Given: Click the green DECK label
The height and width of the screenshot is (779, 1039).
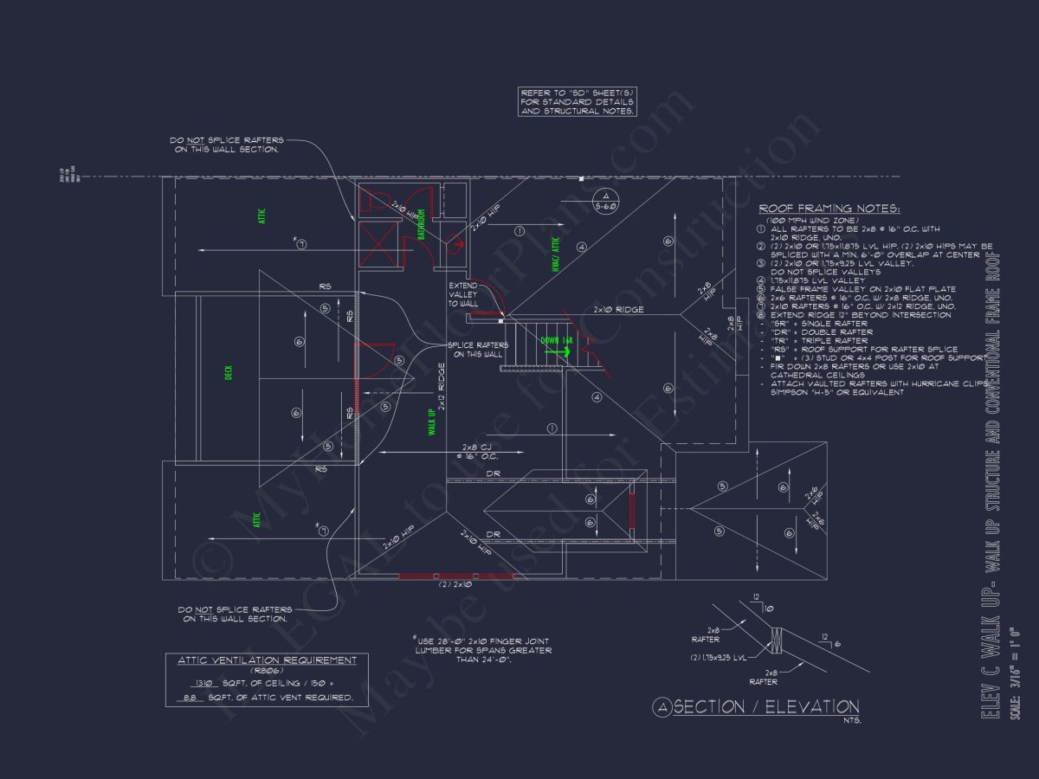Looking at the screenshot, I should pos(229,372).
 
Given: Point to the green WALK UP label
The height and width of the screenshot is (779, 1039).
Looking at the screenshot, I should pos(431,422).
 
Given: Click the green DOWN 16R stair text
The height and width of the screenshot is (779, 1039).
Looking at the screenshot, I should pos(556,340).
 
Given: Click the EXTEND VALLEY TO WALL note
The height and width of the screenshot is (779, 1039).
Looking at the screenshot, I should pos(463,294).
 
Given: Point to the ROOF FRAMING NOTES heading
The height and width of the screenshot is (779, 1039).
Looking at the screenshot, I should pos(829,209).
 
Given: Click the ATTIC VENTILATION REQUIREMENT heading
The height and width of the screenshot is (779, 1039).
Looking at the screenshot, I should pos(267,660).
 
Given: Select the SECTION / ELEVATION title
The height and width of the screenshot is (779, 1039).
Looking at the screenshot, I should pos(765,707).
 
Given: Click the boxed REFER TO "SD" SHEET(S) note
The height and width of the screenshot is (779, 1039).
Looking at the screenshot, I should pos(578,101).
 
